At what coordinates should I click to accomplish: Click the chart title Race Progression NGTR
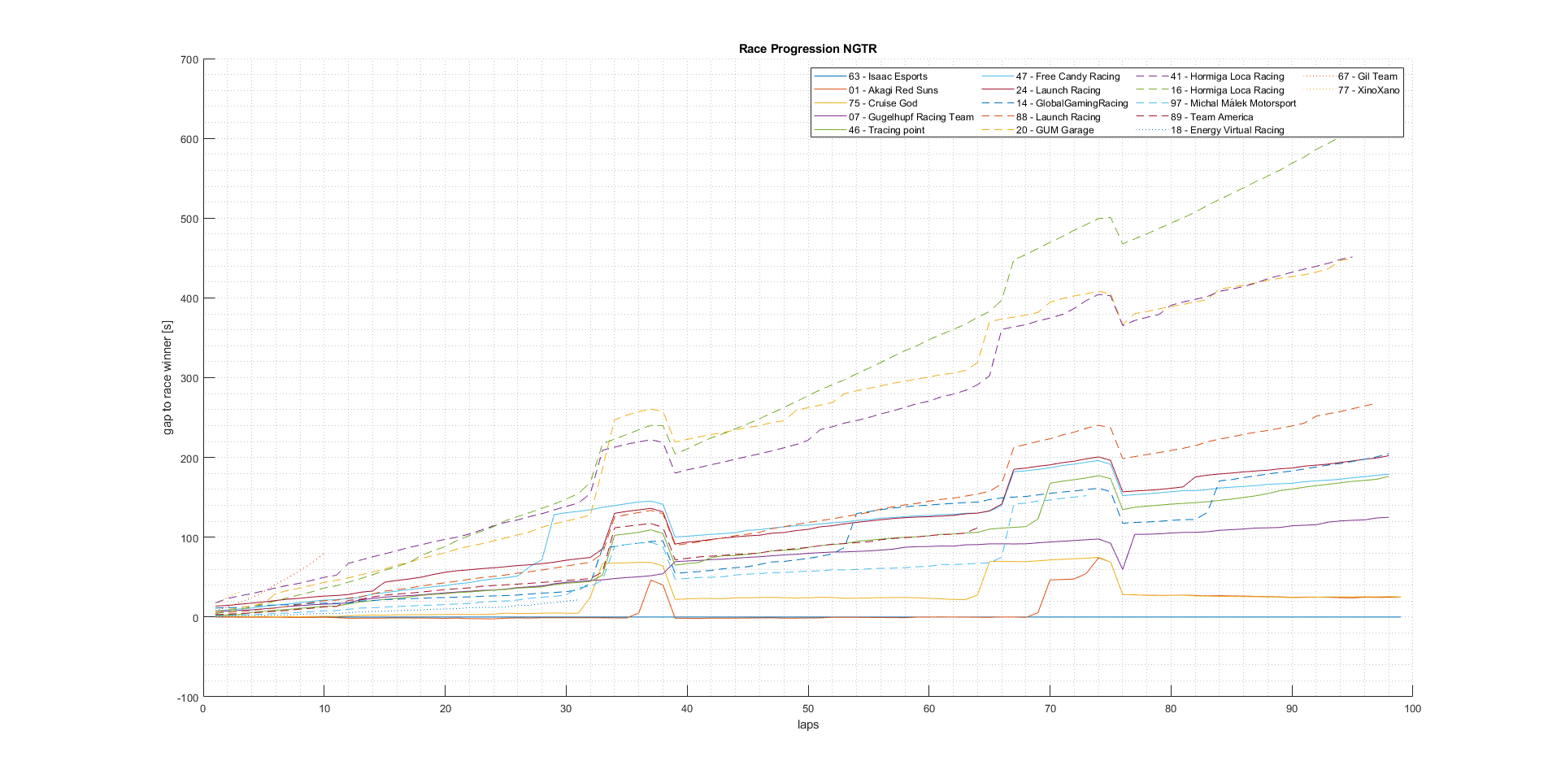807,49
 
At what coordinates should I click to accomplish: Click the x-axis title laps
807,724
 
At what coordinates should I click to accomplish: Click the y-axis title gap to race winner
168,377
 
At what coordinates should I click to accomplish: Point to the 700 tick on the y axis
189,59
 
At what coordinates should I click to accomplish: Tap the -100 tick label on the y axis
187,698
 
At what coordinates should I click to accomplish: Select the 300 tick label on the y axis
189,378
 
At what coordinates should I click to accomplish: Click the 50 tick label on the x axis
808,709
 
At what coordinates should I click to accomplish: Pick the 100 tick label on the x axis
1412,709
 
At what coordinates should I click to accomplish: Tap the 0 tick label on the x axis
203,709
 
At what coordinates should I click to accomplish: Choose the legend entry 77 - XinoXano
1368,90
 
